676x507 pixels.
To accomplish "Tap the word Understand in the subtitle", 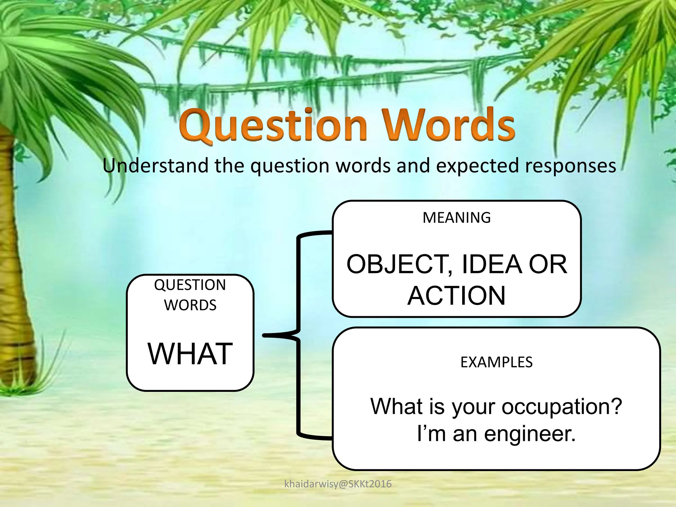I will point(155,165).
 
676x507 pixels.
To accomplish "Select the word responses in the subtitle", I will point(570,166).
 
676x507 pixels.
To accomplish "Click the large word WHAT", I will point(190,354).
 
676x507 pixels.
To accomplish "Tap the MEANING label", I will point(456,218).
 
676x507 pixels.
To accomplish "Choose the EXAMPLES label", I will point(496,362).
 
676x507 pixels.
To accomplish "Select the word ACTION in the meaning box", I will point(456,296).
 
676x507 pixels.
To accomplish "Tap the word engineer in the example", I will point(529,434).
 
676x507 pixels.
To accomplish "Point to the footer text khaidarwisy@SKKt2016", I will point(338,484).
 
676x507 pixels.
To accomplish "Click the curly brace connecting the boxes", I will point(298,335).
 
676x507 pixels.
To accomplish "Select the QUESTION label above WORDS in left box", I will point(190,285).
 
